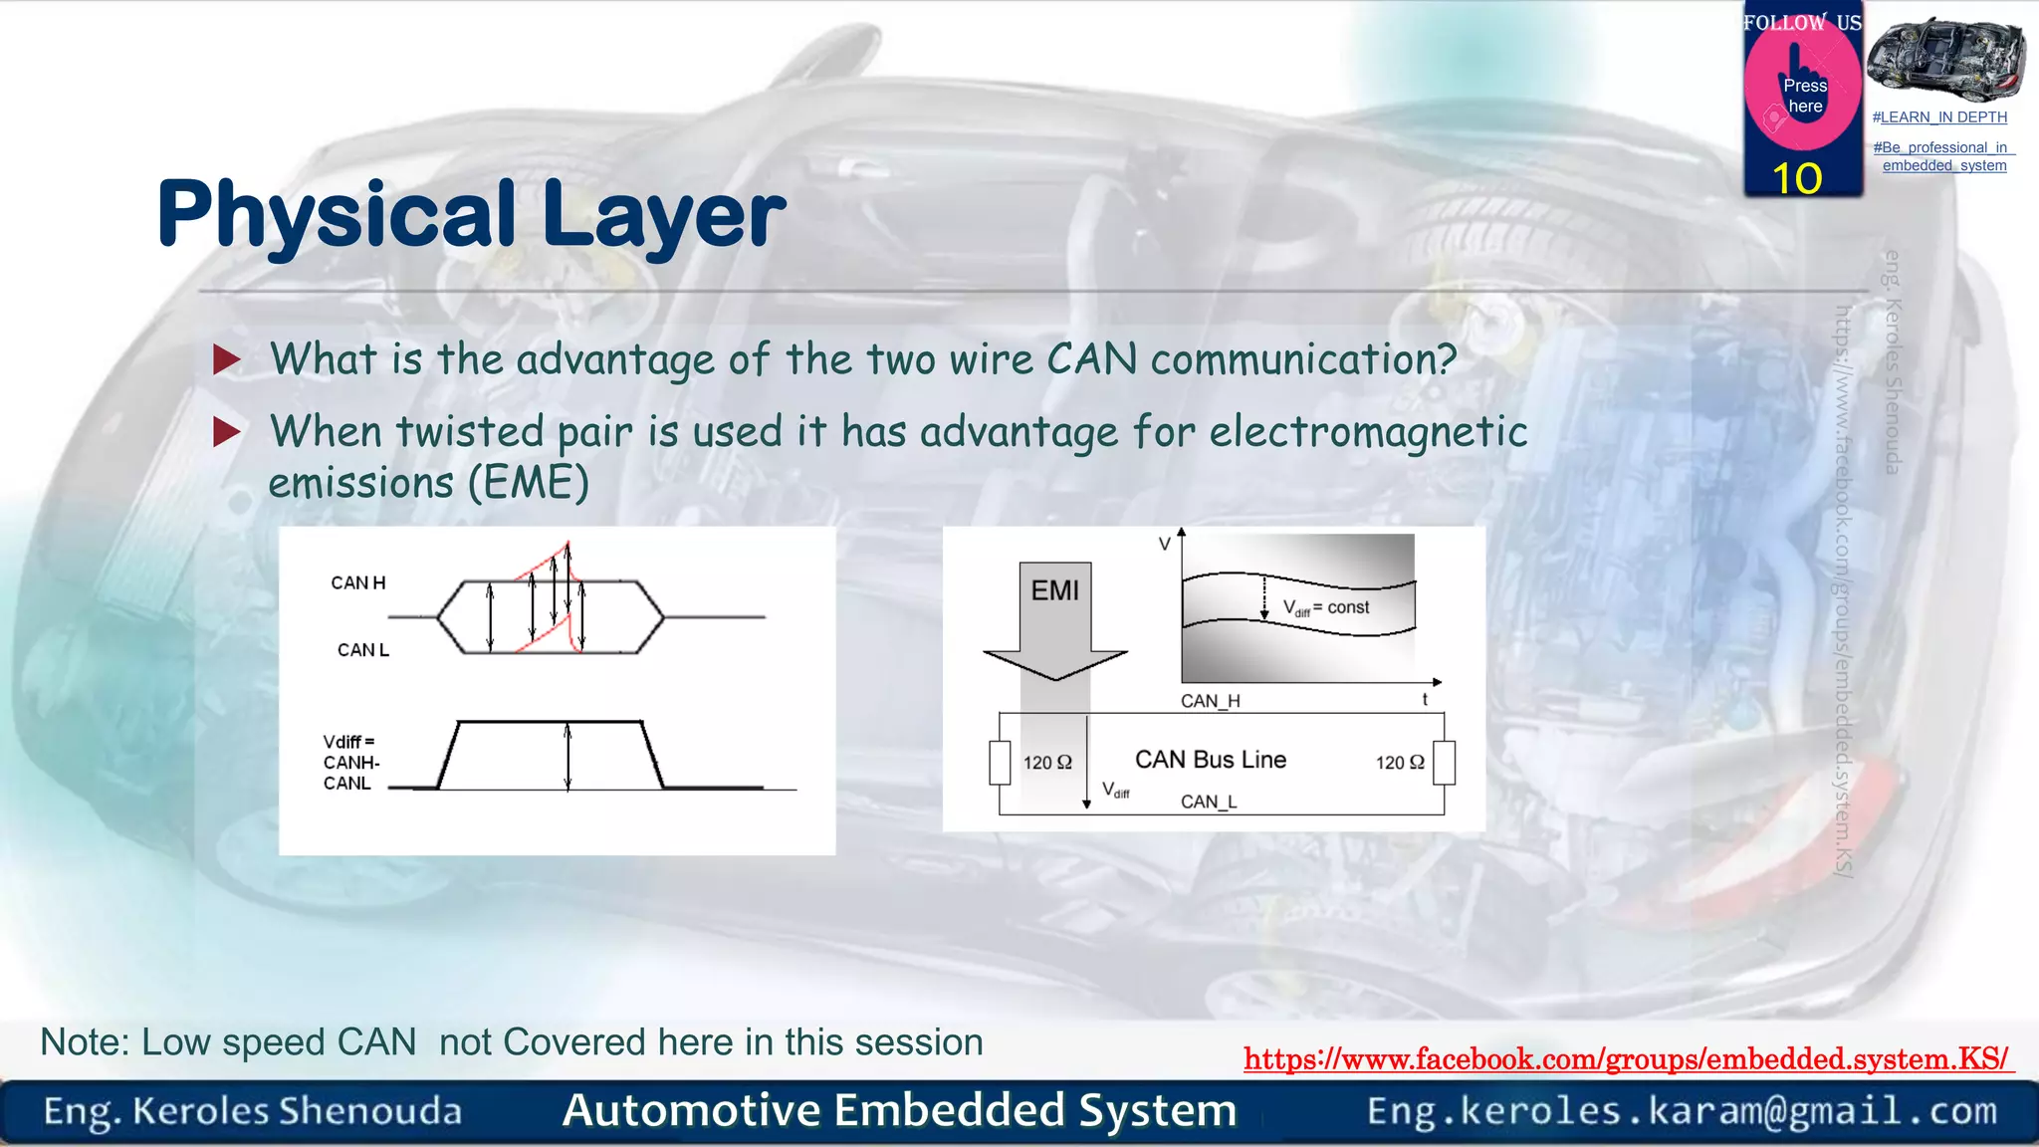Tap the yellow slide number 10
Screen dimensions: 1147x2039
click(x=1797, y=179)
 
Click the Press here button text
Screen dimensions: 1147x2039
click(x=1805, y=97)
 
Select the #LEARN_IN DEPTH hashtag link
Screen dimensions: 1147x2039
click(x=1939, y=117)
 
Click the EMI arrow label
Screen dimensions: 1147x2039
click(x=1054, y=591)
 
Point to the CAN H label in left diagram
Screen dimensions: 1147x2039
click(x=357, y=583)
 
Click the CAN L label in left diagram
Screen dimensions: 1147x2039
click(x=362, y=650)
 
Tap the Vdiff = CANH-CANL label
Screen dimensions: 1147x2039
click(x=350, y=763)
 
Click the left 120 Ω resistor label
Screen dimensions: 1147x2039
click(x=1047, y=763)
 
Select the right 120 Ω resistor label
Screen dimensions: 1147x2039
click(x=1400, y=763)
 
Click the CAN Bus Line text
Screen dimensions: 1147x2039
click(x=1211, y=760)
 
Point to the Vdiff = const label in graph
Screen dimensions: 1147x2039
click(x=1326, y=608)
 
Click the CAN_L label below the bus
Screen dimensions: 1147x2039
click(x=1209, y=802)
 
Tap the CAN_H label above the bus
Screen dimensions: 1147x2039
click(x=1210, y=701)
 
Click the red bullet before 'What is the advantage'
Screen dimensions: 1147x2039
click(x=227, y=360)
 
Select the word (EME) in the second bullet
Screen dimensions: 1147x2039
click(x=528, y=484)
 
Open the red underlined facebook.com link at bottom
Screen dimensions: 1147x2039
click(x=1627, y=1059)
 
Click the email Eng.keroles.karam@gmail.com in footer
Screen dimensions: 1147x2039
click(x=1682, y=1111)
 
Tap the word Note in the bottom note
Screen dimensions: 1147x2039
click(x=84, y=1042)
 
